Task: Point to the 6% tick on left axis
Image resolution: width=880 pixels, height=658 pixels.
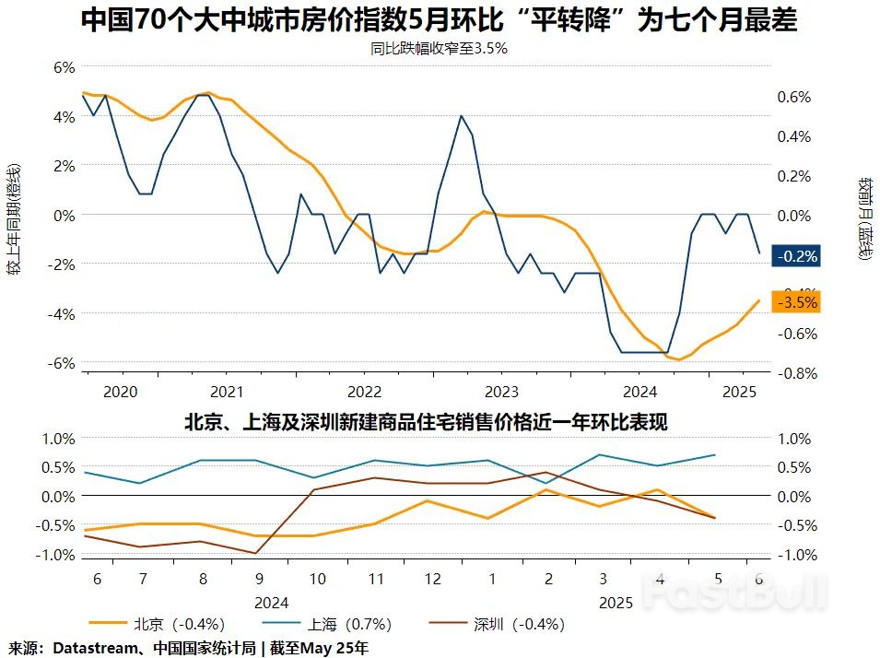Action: point(63,67)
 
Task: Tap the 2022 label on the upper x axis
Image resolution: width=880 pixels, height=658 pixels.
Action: point(365,391)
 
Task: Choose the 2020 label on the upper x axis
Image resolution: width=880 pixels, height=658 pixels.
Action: point(121,391)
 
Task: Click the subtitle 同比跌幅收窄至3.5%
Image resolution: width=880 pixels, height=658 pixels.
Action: point(440,49)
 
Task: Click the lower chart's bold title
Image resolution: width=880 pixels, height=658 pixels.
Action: point(426,422)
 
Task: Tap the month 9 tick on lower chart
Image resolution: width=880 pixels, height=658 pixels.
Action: point(259,578)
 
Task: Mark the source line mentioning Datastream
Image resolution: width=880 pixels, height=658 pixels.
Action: point(188,648)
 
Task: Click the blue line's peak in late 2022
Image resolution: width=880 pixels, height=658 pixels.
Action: point(461,116)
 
